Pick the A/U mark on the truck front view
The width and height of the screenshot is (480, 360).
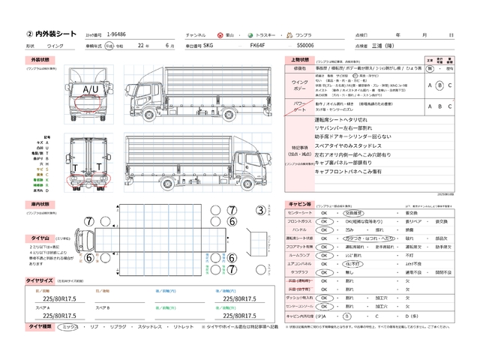coord(89,89)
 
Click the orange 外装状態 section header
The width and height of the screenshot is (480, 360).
coord(38,58)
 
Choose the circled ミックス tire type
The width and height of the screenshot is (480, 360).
coord(69,327)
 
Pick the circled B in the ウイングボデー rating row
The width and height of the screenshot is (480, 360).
coord(440,85)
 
